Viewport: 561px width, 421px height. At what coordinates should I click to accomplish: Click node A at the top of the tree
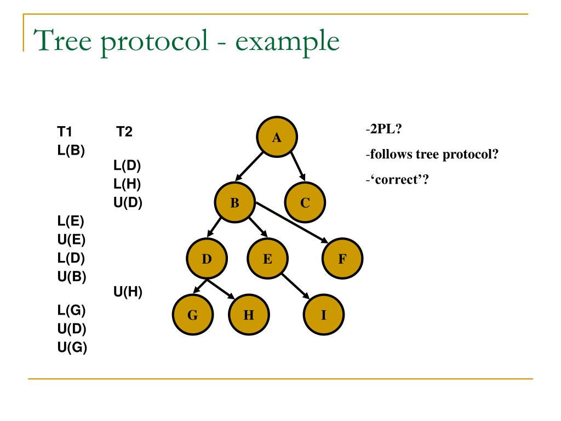[x=277, y=137]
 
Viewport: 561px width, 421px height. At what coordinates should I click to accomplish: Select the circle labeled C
[x=305, y=203]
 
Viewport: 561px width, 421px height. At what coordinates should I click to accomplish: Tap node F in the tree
[x=342, y=259]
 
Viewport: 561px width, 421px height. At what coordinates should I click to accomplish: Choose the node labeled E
[x=267, y=259]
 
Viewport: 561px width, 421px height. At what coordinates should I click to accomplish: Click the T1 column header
[x=65, y=132]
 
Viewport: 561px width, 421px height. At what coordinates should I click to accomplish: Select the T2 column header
[x=124, y=132]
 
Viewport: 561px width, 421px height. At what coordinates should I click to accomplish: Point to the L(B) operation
[x=71, y=150]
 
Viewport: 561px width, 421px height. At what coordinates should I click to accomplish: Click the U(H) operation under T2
[x=128, y=292]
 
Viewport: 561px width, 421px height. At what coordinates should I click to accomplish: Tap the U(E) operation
[x=71, y=239]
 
